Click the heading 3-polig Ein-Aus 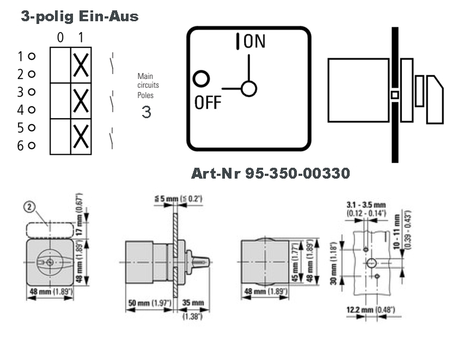pyautogui.click(x=80, y=17)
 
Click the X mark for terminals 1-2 pyautogui.click(x=81, y=65)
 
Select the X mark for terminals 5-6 pyautogui.click(x=81, y=136)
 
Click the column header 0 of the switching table pyautogui.click(x=60, y=39)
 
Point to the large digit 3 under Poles pyautogui.click(x=146, y=112)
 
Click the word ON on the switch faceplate pyautogui.click(x=254, y=41)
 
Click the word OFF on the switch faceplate pyautogui.click(x=208, y=102)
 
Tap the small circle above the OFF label pyautogui.click(x=202, y=79)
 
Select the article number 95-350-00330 pyautogui.click(x=270, y=174)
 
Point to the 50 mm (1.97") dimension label pyautogui.click(x=149, y=303)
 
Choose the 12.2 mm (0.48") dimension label pyautogui.click(x=371, y=310)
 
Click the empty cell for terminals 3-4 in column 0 pyautogui.click(x=60, y=100)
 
